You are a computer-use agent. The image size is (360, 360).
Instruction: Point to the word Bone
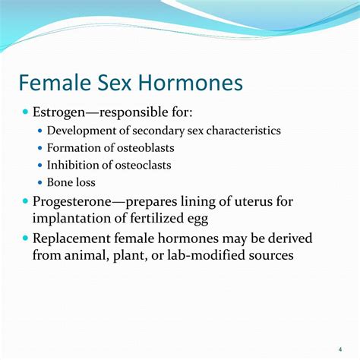60,182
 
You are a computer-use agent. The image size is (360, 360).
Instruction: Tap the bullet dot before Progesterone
25,202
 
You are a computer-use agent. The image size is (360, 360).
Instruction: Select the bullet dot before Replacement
25,239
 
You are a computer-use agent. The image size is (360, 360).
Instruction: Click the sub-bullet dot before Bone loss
40,182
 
